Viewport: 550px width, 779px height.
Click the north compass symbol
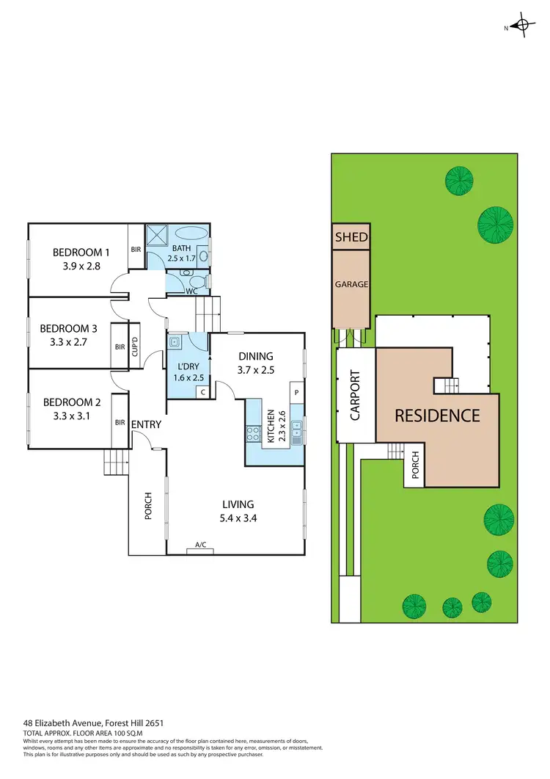521,27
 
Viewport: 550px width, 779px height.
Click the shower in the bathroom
157,236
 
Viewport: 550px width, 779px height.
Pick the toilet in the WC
195,280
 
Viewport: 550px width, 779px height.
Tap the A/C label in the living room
199,545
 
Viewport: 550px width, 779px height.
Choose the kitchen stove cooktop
254,432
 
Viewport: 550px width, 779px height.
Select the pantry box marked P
297,392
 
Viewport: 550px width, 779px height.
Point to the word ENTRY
147,424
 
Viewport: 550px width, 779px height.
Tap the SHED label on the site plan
351,237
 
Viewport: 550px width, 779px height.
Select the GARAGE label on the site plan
351,284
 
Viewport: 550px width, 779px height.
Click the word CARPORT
356,394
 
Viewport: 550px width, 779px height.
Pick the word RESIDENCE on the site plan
437,416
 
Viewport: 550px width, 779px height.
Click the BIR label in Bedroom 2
120,422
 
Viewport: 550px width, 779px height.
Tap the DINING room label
256,356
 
